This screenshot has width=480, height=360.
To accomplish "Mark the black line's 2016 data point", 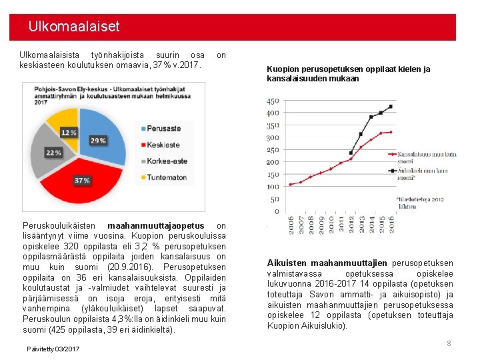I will tap(391, 106).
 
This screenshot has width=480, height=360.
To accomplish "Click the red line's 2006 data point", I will tap(291, 185).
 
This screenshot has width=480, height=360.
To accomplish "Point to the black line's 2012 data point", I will tap(351, 153).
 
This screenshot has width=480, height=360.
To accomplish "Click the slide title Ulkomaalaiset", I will tap(74, 27).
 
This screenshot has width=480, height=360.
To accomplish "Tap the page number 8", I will tap(449, 343).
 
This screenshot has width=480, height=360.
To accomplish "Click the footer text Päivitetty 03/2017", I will tap(53, 349).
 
